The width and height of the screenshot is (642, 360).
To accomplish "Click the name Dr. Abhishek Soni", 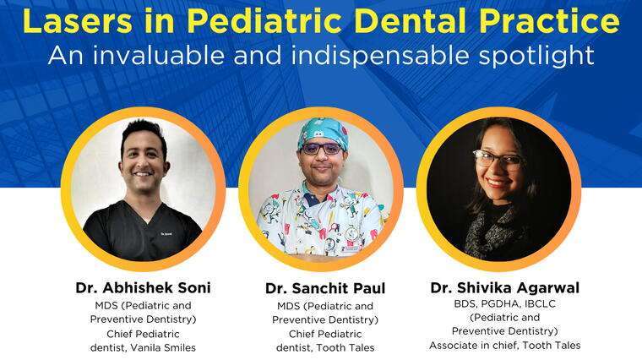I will pyautogui.click(x=143, y=287).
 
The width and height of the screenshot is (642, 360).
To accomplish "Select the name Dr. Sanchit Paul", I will pyautogui.click(x=325, y=288).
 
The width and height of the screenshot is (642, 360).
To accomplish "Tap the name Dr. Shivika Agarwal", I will pyautogui.click(x=504, y=287).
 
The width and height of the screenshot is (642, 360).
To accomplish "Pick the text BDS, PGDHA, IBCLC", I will pyautogui.click(x=504, y=303).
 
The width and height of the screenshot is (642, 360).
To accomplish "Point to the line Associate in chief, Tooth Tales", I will pyautogui.click(x=504, y=345).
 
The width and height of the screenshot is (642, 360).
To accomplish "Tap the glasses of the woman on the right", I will pyautogui.click(x=498, y=159).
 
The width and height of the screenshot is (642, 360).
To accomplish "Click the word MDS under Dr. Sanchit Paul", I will pyautogui.click(x=288, y=305).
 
